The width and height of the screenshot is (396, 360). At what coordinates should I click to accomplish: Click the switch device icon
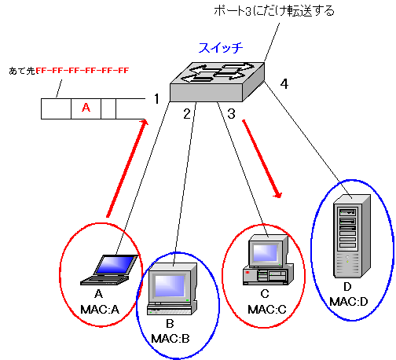coord(218,82)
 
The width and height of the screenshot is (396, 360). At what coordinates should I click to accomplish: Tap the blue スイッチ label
coord(221,48)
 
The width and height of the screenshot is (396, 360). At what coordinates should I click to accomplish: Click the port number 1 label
coord(156,99)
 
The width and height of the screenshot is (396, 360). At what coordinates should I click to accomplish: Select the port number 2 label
coord(187,114)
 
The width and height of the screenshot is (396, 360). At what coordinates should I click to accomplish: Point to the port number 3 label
coord(231,114)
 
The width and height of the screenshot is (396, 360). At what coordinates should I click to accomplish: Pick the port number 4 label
coord(284,84)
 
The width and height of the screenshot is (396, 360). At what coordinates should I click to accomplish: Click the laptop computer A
coord(108,270)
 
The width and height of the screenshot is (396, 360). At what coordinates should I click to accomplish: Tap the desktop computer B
coord(172,288)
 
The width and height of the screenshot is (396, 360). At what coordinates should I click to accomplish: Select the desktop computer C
coord(268,259)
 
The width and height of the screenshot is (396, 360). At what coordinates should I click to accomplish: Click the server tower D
coord(352,236)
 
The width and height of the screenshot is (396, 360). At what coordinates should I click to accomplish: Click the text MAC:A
coord(100,310)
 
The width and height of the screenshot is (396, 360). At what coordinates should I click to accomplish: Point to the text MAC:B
coord(170,339)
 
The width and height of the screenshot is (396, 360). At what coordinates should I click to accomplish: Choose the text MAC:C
coord(267,310)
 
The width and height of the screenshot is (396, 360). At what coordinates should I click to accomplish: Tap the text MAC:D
coord(349,302)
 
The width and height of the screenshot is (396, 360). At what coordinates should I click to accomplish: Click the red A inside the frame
coord(86,108)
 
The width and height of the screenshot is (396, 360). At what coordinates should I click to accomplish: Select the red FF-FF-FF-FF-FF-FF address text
coord(82,71)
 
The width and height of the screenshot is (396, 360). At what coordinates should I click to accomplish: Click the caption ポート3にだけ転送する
coord(274,11)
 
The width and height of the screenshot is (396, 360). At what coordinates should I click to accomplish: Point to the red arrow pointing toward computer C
coord(262,159)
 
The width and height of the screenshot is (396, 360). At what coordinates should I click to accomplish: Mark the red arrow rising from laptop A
coord(127,168)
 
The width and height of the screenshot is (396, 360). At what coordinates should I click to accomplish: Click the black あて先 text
coord(22,71)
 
